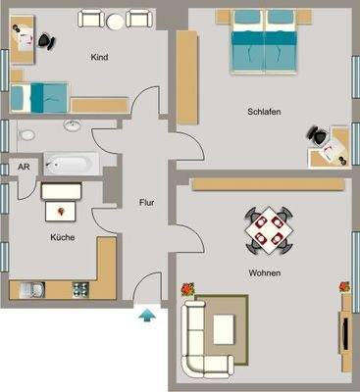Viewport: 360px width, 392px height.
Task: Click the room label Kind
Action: (98, 58)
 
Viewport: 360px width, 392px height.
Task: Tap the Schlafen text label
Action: (264, 113)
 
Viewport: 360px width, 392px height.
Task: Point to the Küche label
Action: (63, 236)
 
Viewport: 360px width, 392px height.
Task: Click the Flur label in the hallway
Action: (148, 204)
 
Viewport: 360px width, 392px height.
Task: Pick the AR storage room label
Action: (23, 168)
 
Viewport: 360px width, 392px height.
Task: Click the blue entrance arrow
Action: (147, 315)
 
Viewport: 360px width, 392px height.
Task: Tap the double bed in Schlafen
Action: (263, 41)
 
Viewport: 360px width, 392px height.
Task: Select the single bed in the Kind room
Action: (39, 98)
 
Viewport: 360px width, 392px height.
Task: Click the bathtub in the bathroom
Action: (68, 163)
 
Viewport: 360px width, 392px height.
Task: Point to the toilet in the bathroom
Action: (26, 133)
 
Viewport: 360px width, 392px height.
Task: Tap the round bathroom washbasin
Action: (73, 125)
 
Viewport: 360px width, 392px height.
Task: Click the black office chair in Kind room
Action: (46, 39)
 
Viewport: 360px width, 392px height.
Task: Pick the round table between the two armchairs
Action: (117, 21)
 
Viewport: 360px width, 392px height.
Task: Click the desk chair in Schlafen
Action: (318, 138)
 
